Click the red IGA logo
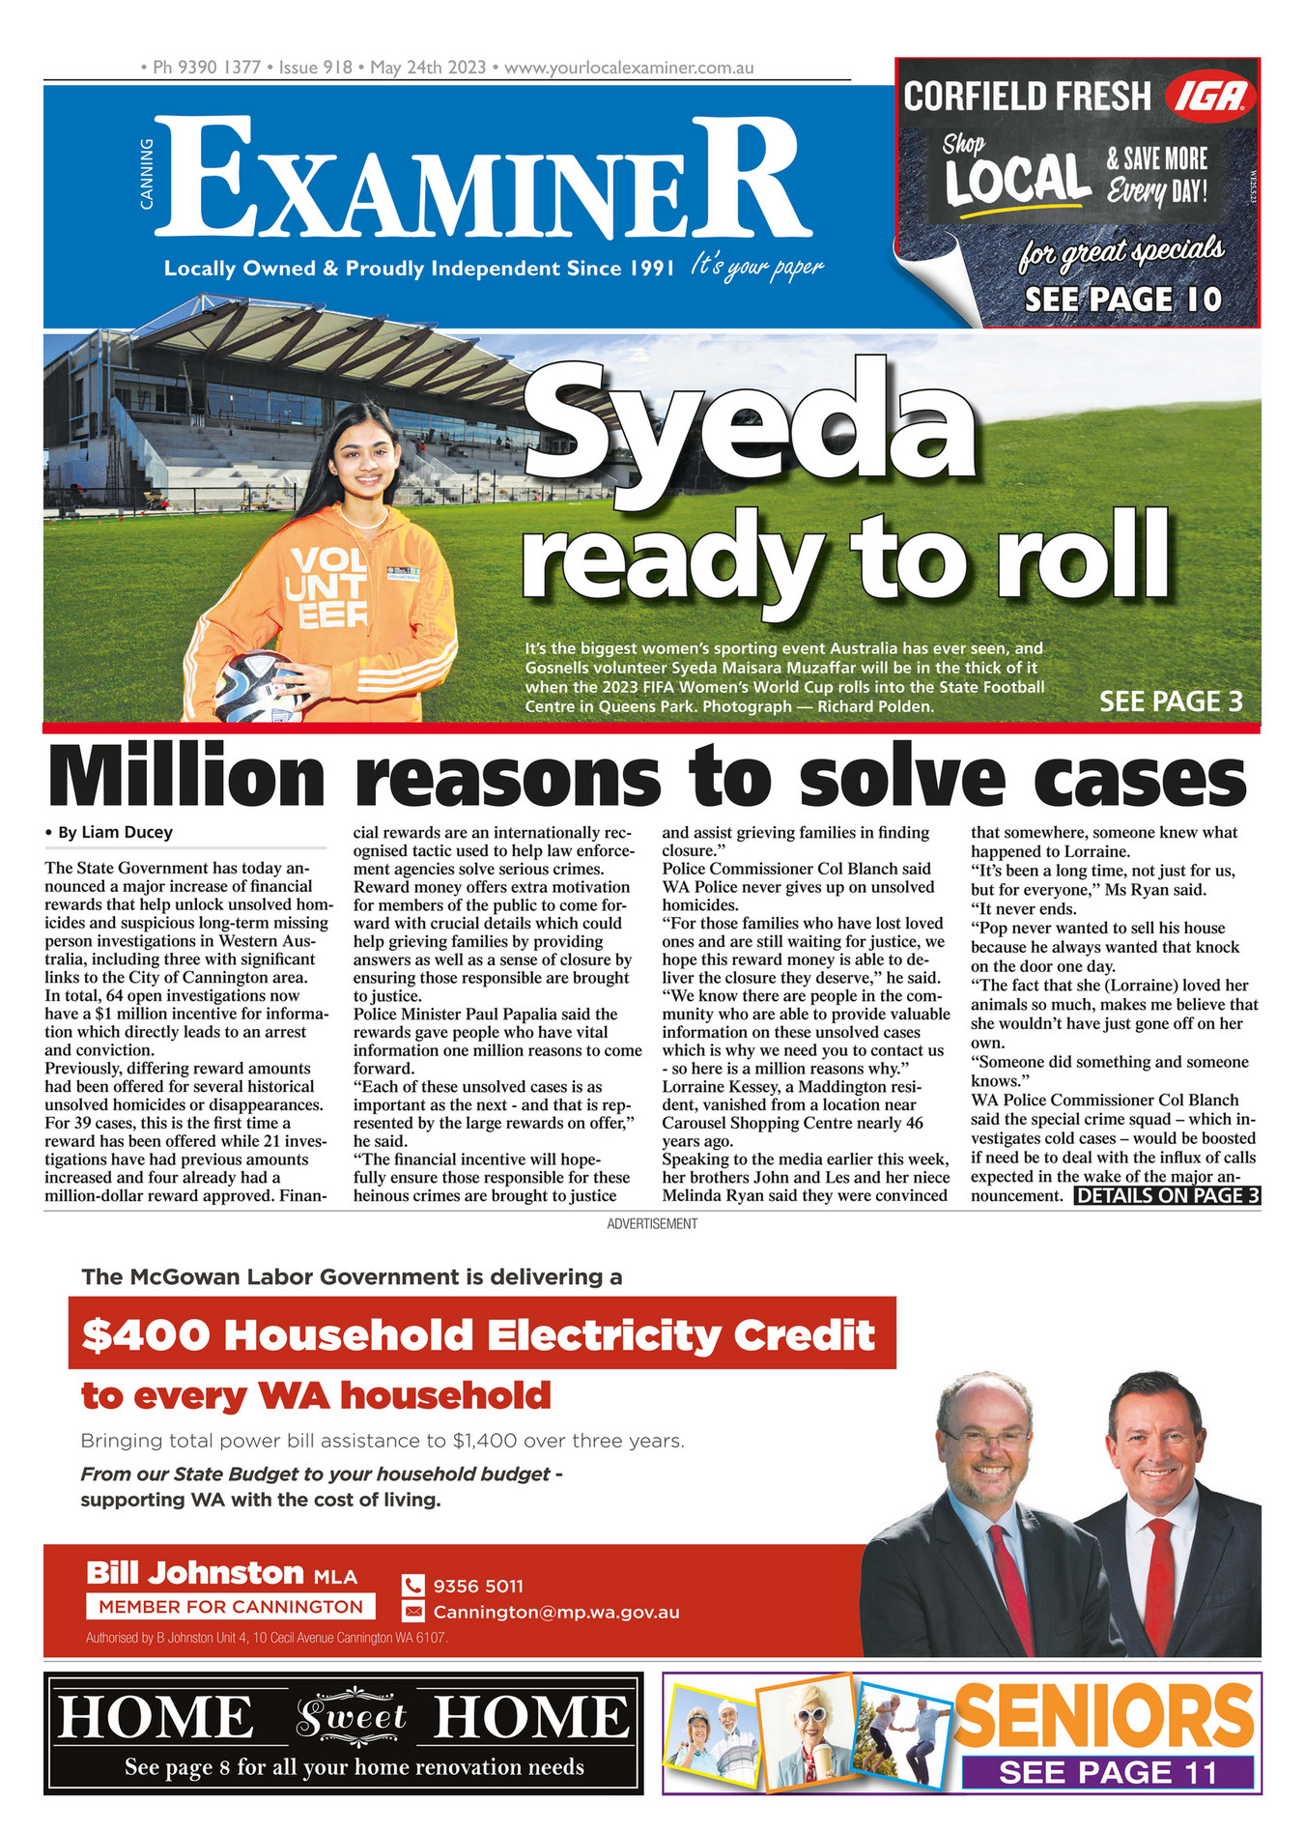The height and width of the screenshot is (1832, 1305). (x=1210, y=98)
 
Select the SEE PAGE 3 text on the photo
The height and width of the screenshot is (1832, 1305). (x=1170, y=701)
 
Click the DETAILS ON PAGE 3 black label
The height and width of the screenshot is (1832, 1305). (x=1167, y=1196)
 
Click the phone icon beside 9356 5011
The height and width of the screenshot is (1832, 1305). (x=412, y=1586)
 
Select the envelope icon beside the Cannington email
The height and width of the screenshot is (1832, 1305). (x=412, y=1612)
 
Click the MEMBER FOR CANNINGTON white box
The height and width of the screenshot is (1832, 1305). (x=230, y=1607)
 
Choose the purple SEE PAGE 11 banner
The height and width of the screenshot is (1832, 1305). (x=1107, y=1773)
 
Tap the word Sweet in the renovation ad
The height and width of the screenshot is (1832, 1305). (x=351, y=1717)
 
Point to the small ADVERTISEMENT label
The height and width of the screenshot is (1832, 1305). (x=652, y=1224)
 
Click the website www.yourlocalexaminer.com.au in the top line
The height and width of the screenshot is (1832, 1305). (x=629, y=69)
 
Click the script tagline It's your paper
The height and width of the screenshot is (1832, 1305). (x=756, y=267)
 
